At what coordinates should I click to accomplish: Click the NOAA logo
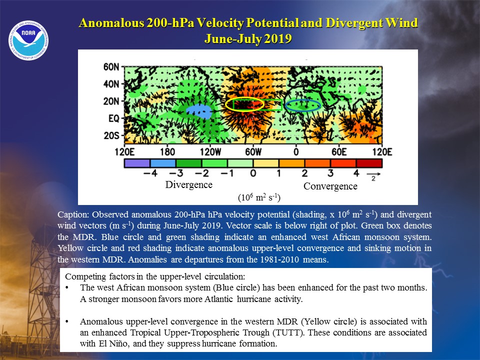pos(28,40)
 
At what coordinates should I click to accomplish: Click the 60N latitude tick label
pos(111,66)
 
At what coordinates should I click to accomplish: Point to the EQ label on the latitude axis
pos(113,118)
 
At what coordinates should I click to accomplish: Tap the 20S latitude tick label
pos(111,135)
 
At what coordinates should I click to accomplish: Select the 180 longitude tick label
pos(167,152)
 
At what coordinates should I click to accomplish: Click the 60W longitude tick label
pos(253,152)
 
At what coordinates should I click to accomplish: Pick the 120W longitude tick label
pos(210,152)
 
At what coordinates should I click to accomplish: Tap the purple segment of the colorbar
pos(137,163)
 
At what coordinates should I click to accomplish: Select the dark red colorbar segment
pos(369,163)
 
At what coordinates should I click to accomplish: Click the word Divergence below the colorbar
pos(188,184)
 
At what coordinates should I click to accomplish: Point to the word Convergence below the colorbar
pos(330,186)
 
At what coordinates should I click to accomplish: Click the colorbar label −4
pos(150,173)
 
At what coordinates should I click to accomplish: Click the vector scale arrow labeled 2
pos(373,174)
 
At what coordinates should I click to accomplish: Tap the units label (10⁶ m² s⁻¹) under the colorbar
pos(259,197)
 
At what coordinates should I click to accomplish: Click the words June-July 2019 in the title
pos(248,38)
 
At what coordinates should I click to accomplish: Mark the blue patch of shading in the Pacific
pos(199,111)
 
